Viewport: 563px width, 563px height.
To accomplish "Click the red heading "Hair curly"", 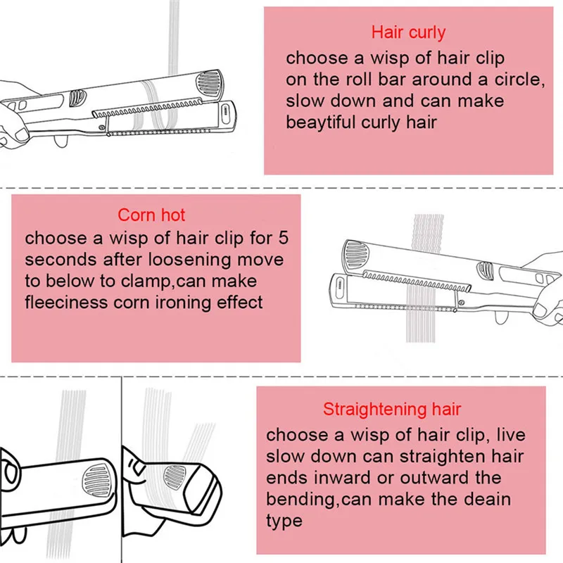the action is (408, 32).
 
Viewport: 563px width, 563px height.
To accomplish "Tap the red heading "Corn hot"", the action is (151, 215).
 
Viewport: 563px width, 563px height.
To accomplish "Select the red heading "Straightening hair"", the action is (392, 409).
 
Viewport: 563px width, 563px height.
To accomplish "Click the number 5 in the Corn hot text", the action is (284, 238).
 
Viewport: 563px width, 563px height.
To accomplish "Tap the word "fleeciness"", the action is (66, 303).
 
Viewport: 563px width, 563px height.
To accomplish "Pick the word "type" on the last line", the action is (284, 521).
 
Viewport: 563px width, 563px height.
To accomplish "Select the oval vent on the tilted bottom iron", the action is (175, 478).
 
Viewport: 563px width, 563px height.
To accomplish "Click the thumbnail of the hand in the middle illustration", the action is (540, 309).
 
